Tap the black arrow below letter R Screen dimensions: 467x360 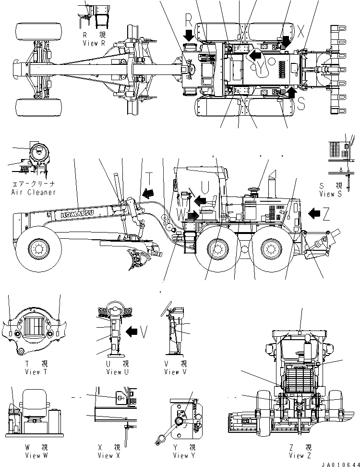189,35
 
